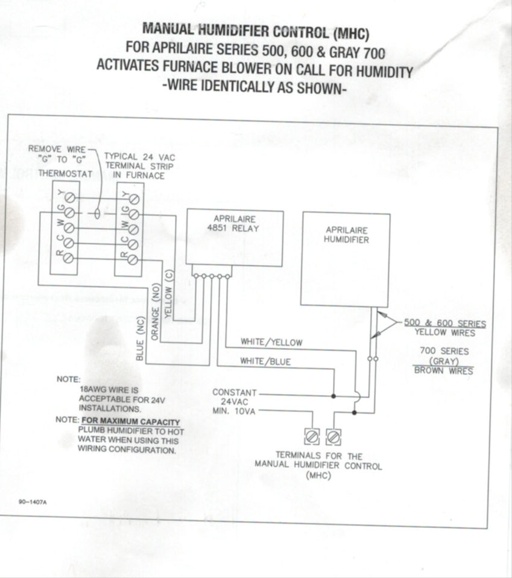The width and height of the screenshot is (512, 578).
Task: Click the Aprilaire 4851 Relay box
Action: pyautogui.click(x=235, y=237)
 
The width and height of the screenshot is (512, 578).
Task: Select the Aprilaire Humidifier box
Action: pyautogui.click(x=346, y=259)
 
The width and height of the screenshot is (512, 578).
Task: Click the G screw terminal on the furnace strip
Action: pyautogui.click(x=134, y=214)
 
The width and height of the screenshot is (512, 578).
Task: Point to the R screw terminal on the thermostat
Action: pyautogui.click(x=69, y=258)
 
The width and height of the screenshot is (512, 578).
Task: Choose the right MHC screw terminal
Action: pyautogui.click(x=333, y=436)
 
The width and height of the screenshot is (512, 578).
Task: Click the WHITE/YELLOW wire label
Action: pyautogui.click(x=271, y=342)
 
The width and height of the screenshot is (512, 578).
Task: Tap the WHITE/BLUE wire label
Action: pyautogui.click(x=265, y=361)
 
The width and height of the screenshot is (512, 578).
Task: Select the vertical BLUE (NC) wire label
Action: pyautogui.click(x=139, y=340)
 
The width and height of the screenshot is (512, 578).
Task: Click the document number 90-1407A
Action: pyautogui.click(x=33, y=501)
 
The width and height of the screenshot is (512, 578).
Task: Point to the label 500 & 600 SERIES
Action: pyautogui.click(x=444, y=323)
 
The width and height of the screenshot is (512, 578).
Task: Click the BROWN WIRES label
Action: pyautogui.click(x=444, y=370)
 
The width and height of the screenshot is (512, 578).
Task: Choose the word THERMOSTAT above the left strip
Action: pyautogui.click(x=65, y=173)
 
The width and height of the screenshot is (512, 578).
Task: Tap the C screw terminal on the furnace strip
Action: pyautogui.click(x=134, y=243)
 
